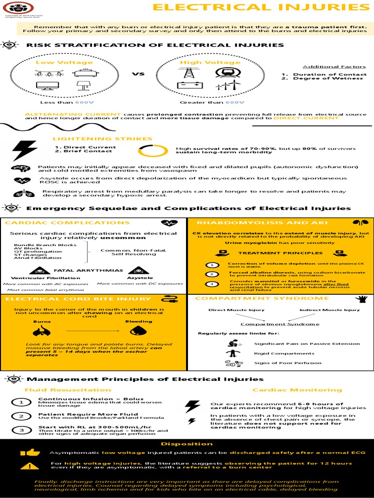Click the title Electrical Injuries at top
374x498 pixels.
(261, 7)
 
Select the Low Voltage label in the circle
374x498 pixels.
(57, 62)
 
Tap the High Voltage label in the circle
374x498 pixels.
(210, 62)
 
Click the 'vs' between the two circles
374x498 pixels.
(138, 74)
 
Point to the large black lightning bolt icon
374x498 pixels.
(24, 150)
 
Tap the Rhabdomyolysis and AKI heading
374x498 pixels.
(252, 223)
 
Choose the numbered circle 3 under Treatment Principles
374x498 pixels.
(212, 284)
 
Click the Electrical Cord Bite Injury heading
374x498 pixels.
(78, 299)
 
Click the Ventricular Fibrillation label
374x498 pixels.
(39, 278)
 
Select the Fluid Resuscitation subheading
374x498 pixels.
(68, 390)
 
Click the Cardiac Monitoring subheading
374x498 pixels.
(297, 390)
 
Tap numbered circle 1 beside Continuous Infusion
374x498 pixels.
(21, 402)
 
